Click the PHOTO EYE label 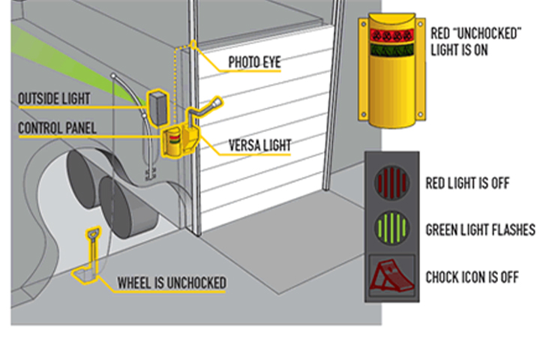pyautogui.click(x=254, y=62)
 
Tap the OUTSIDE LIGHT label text pyautogui.click(x=54, y=98)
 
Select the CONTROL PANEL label pyautogui.click(x=57, y=128)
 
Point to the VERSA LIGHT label pyautogui.click(x=260, y=145)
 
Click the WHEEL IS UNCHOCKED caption pyautogui.click(x=172, y=283)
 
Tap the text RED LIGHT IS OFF pyautogui.click(x=467, y=183)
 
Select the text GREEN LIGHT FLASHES pyautogui.click(x=481, y=229)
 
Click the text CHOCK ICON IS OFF pyautogui.click(x=472, y=277)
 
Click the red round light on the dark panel pyautogui.click(x=392, y=182)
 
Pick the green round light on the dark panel pyautogui.click(x=392, y=228)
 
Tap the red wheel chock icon pyautogui.click(x=391, y=277)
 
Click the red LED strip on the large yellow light pyautogui.click(x=391, y=35)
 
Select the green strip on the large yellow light pyautogui.click(x=391, y=50)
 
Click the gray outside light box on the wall pyautogui.click(x=158, y=109)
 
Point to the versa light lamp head pyautogui.click(x=217, y=103)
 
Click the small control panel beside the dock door pyautogui.click(x=172, y=142)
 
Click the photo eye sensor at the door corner pyautogui.click(x=193, y=45)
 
